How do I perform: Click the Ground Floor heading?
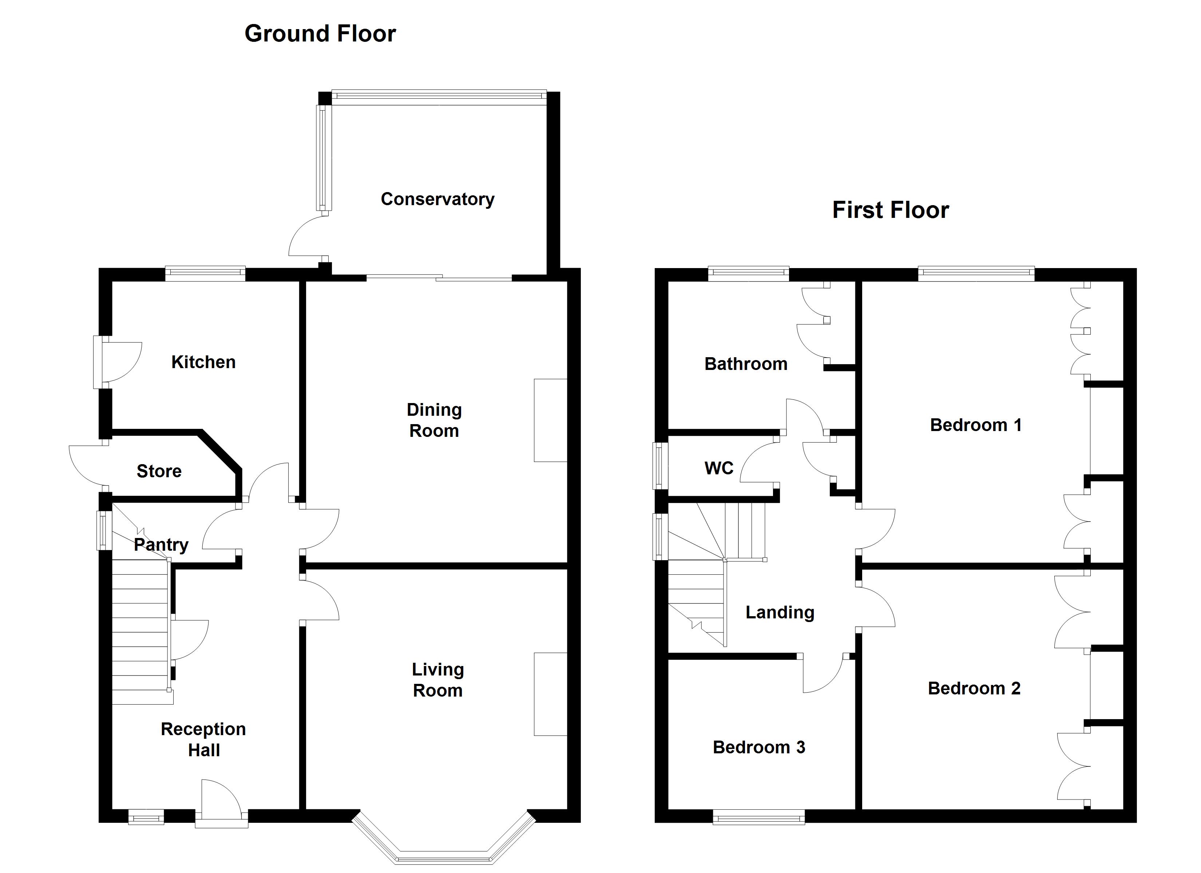(x=320, y=34)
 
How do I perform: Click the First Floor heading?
(x=890, y=210)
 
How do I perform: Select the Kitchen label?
(x=203, y=362)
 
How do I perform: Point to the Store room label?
(x=159, y=471)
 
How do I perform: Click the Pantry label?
(x=161, y=545)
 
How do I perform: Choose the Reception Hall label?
(x=203, y=740)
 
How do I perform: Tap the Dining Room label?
(x=434, y=420)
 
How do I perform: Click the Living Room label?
(x=438, y=680)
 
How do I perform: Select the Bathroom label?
(x=746, y=364)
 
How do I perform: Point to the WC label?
(x=718, y=468)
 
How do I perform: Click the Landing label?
(x=780, y=613)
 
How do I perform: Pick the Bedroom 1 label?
(x=975, y=425)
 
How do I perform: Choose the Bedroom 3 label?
(x=758, y=747)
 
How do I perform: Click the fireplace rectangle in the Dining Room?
(x=550, y=420)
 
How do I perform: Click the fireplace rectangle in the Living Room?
(x=550, y=694)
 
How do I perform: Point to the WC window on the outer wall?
(x=660, y=466)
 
